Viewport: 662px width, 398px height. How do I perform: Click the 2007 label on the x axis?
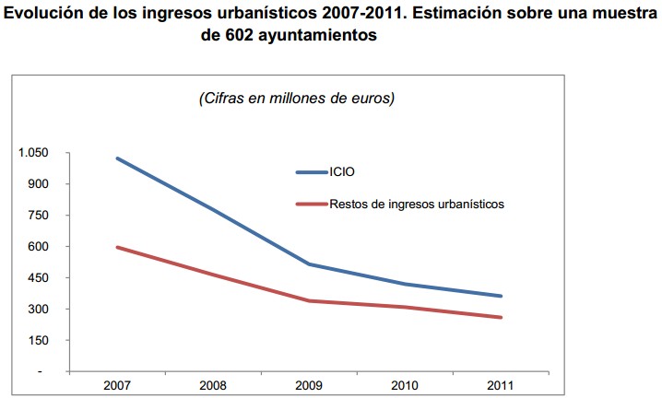[117, 384]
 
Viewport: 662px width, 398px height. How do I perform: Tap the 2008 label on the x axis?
[213, 384]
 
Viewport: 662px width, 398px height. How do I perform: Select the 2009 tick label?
[309, 384]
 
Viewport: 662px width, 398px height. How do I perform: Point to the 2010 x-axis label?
[405, 384]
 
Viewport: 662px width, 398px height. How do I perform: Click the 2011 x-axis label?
[501, 384]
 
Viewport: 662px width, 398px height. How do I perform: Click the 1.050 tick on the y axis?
[33, 153]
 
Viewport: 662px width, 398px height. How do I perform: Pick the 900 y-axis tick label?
[38, 184]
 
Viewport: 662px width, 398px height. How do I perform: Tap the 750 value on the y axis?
[38, 216]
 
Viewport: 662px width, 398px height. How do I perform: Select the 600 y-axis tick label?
[38, 247]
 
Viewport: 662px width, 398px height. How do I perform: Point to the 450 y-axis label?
[38, 278]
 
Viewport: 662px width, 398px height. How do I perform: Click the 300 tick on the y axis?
[38, 310]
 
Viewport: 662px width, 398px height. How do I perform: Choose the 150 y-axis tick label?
[38, 341]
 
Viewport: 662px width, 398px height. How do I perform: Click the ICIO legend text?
[341, 172]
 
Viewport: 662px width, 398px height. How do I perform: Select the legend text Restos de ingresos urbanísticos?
[416, 204]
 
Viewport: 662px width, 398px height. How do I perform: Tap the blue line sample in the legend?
[311, 172]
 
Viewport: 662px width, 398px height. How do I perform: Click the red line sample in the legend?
[311, 204]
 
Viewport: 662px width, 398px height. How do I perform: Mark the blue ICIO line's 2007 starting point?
[117, 158]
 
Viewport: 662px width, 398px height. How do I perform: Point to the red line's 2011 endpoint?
[501, 318]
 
